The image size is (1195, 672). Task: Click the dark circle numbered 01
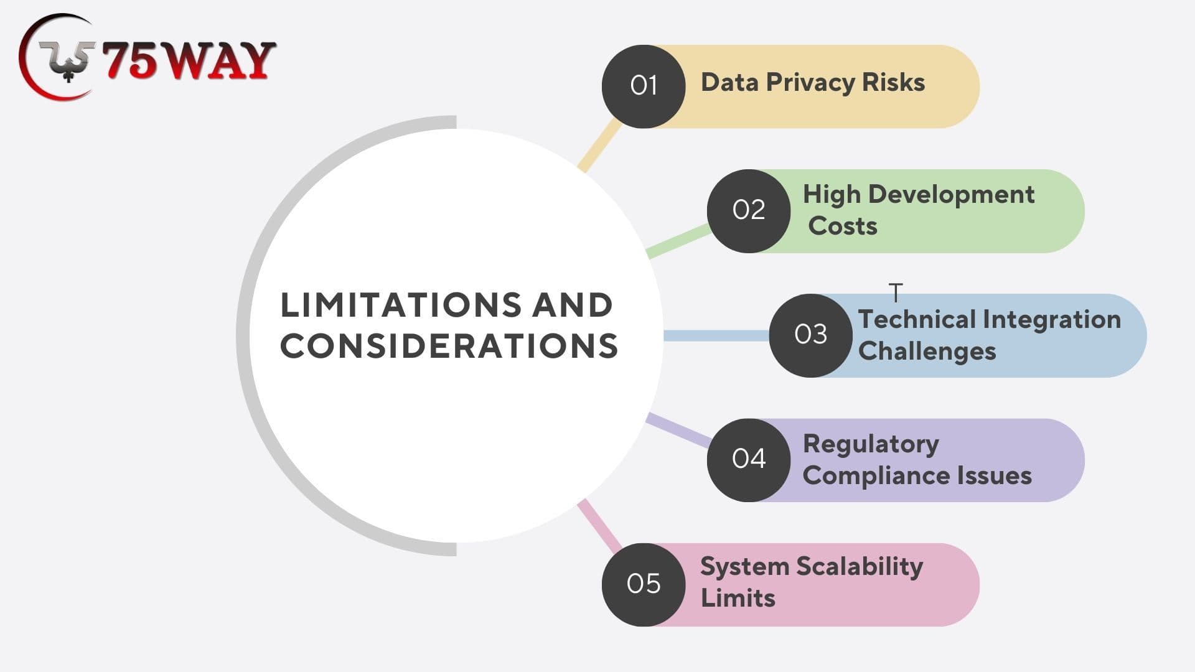[x=644, y=86]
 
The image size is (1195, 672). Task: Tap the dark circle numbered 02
[x=749, y=211]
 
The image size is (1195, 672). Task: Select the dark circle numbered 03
[x=810, y=335]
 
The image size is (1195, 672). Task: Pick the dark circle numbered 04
[x=749, y=460]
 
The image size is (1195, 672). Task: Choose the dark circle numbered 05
[x=644, y=584]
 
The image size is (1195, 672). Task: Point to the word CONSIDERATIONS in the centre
[x=449, y=346]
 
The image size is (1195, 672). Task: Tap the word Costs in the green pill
[x=842, y=226]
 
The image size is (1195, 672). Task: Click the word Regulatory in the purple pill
[x=871, y=445]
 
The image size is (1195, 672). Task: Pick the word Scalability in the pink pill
[x=860, y=567]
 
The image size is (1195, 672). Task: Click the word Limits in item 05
[x=738, y=598]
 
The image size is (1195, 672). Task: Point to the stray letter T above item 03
[x=896, y=292]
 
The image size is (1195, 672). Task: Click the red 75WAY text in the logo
[x=189, y=61]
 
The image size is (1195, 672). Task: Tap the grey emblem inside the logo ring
[x=67, y=60]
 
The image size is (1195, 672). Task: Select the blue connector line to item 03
[x=716, y=335]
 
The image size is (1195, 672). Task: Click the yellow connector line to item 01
[x=600, y=146]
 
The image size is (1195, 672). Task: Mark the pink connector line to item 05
[x=600, y=526]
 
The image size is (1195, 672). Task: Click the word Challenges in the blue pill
[x=927, y=352]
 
